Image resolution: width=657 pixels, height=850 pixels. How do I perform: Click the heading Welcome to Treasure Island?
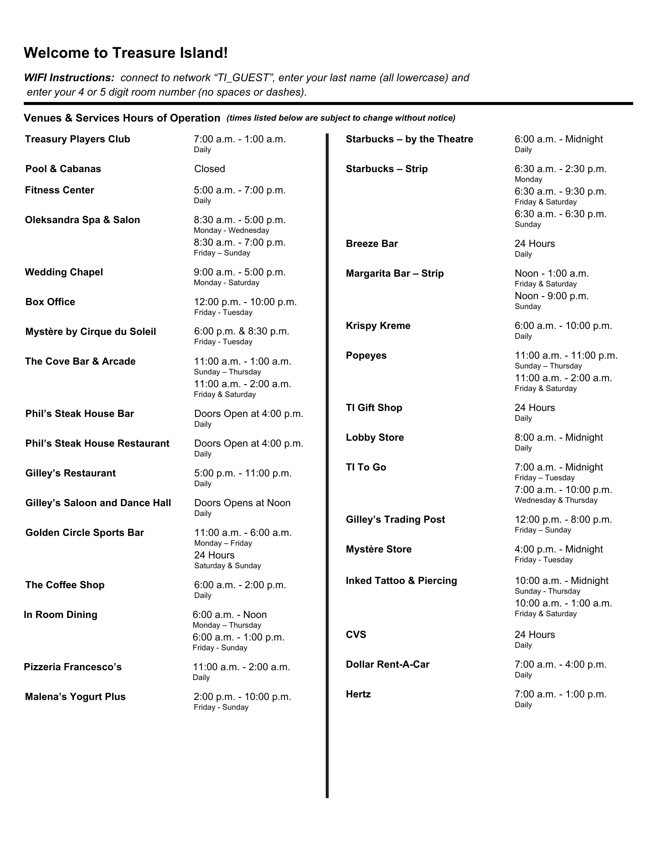(x=126, y=53)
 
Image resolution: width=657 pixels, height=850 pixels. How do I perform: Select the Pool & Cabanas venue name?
(x=63, y=169)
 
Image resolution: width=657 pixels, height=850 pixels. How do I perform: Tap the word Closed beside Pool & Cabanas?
(x=209, y=169)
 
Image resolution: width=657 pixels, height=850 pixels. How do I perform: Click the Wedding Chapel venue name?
(x=64, y=272)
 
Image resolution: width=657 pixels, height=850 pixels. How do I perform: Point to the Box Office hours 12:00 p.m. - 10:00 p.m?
(x=245, y=302)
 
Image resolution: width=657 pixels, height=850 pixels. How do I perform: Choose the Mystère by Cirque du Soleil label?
(x=91, y=332)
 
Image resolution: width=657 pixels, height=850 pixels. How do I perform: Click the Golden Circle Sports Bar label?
(x=85, y=533)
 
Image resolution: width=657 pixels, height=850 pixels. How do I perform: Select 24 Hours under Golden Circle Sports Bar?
(x=214, y=555)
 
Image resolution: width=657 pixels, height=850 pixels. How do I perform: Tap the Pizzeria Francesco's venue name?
(x=73, y=667)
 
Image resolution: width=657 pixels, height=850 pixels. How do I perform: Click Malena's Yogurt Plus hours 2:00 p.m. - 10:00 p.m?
(x=242, y=697)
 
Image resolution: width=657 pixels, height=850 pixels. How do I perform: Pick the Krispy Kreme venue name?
(x=378, y=326)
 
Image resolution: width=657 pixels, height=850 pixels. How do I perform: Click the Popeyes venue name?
(x=366, y=356)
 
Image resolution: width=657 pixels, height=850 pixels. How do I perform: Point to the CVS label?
(x=356, y=635)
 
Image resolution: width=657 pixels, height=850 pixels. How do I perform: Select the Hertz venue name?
(x=358, y=694)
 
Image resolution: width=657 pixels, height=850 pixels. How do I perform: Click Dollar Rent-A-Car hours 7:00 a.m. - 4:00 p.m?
(x=560, y=665)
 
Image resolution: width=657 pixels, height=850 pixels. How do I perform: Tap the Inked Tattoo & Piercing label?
(x=401, y=581)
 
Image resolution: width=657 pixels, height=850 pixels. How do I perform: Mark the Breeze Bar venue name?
(x=372, y=244)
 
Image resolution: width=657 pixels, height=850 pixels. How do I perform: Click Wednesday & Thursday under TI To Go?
(x=556, y=501)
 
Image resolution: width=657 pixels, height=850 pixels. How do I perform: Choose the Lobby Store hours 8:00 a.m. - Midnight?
(x=558, y=438)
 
